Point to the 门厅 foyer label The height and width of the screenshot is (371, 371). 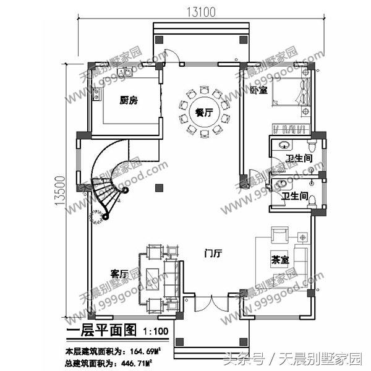tap(214, 253)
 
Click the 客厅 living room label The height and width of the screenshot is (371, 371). tap(120, 273)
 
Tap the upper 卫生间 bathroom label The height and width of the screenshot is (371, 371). tap(298, 159)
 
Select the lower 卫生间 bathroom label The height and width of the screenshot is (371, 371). tap(295, 197)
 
